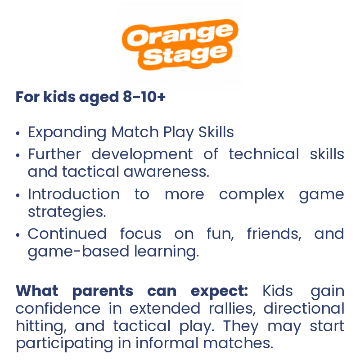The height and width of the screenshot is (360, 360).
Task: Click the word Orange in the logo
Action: click(180, 35)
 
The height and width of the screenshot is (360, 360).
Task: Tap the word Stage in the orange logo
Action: click(185, 54)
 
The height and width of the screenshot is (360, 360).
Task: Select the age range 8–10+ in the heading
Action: click(144, 97)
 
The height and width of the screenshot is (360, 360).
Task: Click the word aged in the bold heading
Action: click(99, 97)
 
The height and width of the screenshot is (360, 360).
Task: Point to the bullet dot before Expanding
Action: click(18, 133)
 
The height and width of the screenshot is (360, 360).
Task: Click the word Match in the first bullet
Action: click(135, 132)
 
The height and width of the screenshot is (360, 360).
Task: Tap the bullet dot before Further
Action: click(18, 155)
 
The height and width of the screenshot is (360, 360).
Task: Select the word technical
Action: click(264, 154)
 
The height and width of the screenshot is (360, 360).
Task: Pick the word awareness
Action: click(166, 172)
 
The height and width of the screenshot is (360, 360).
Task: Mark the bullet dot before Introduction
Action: click(18, 195)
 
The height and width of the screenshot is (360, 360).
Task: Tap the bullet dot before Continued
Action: click(18, 235)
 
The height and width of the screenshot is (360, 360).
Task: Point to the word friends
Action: click(274, 234)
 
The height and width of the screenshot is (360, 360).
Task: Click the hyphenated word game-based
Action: click(78, 252)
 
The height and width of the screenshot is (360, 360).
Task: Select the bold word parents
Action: click(103, 292)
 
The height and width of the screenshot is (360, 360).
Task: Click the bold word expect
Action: click(219, 292)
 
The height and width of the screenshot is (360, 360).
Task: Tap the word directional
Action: click(304, 308)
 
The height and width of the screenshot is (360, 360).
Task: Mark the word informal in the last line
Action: click(166, 343)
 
